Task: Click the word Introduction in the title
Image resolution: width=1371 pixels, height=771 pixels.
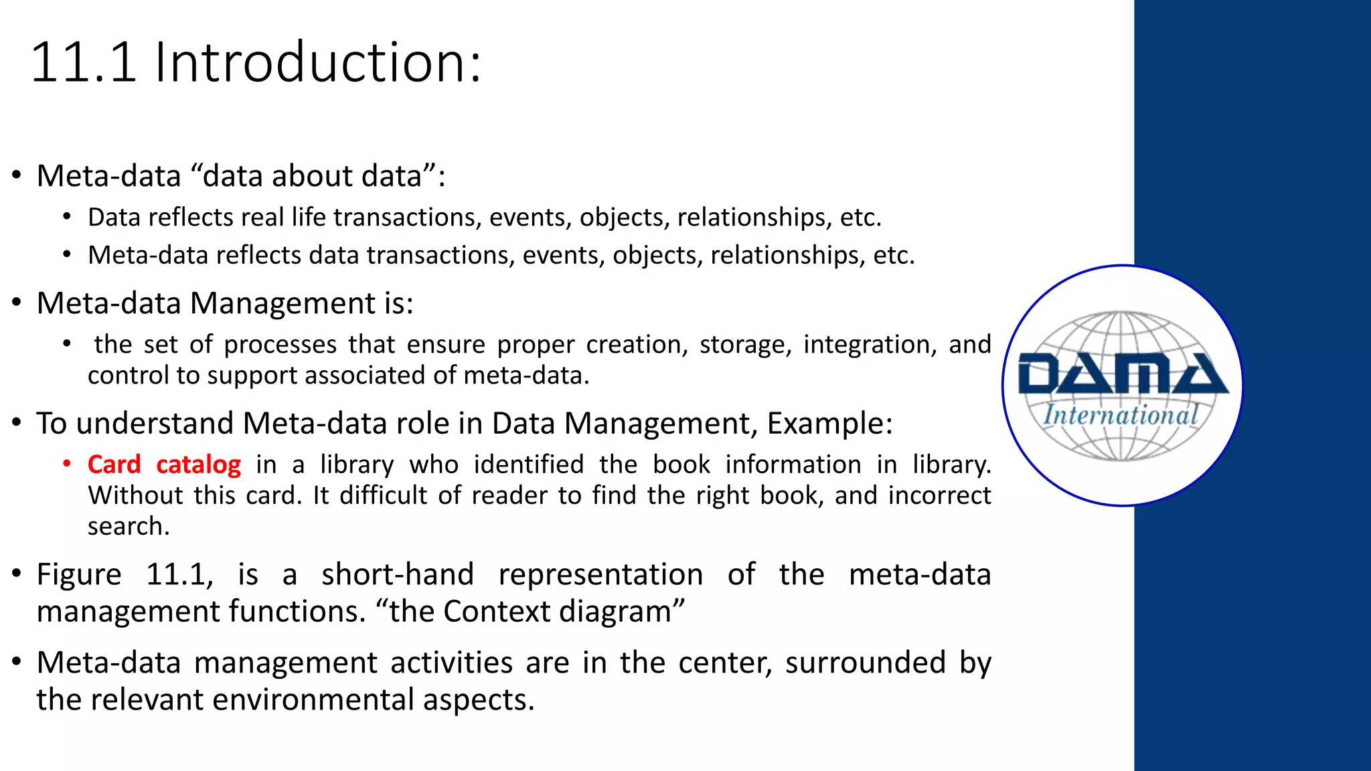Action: [317, 62]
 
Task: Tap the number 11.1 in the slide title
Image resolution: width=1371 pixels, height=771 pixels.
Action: [84, 62]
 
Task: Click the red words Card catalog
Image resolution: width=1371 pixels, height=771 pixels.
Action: [164, 464]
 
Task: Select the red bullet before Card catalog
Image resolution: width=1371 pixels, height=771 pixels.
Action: [67, 464]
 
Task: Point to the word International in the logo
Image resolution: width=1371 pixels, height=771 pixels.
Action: [1121, 415]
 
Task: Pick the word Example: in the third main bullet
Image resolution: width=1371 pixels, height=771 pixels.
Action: [829, 424]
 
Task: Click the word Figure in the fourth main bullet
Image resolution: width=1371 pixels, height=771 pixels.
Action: [79, 575]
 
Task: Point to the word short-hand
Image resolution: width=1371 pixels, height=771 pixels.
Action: [398, 575]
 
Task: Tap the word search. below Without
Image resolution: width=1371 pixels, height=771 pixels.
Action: [129, 527]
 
